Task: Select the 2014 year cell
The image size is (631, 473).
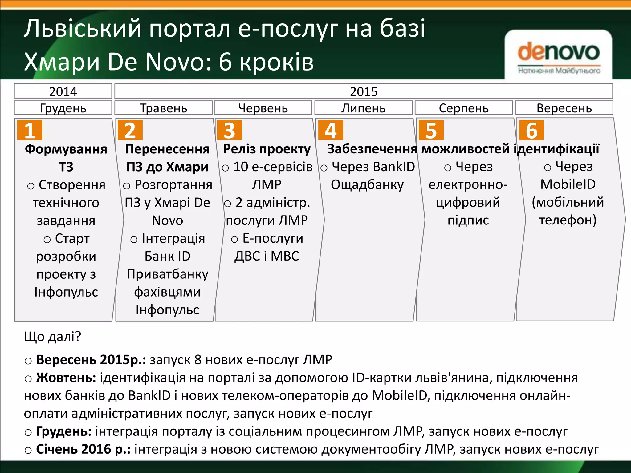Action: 63,91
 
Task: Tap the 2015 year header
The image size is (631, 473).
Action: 364,91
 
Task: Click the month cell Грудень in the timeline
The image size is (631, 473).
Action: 63,108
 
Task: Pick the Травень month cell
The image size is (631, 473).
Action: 163,108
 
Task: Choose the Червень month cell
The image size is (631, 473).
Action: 263,108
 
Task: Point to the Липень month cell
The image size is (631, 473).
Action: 363,108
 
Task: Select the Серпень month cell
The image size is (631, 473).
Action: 463,108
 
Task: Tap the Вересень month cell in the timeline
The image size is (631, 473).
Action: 564,108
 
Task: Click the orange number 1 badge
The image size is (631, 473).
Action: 30,130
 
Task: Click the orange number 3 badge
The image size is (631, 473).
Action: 229,130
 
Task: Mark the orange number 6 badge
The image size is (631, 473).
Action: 531,130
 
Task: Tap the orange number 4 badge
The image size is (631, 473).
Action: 331,130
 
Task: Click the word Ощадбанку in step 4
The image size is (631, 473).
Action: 367,185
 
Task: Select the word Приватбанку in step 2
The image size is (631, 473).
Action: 167,274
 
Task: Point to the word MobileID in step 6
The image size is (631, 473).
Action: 568,184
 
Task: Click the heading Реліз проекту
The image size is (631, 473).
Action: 267,149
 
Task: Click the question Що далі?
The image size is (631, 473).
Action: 52,337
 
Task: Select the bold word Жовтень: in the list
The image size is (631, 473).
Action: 66,378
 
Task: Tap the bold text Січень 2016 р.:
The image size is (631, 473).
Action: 83,449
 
